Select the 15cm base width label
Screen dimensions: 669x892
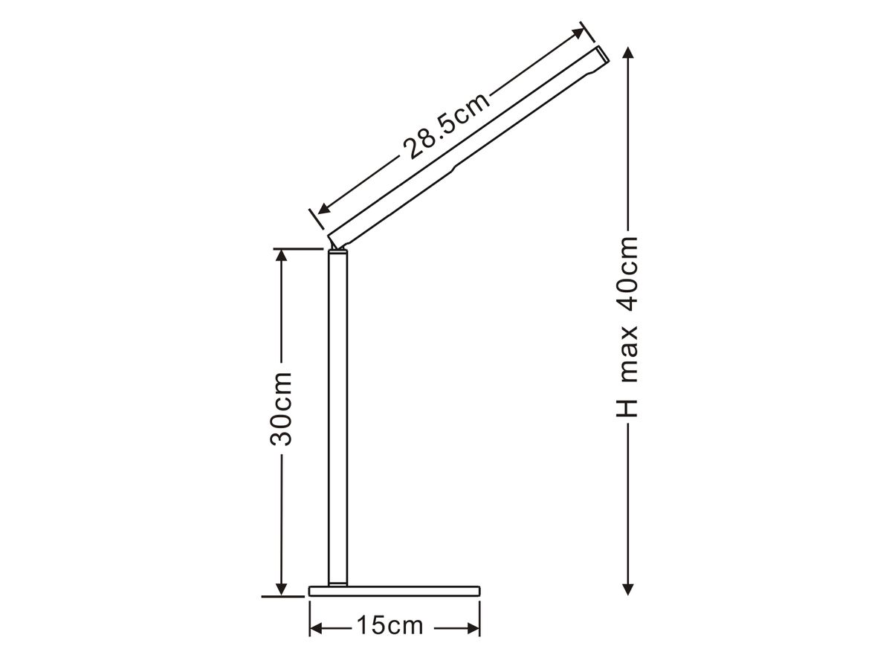point(389,626)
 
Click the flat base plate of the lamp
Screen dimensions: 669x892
point(394,591)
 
